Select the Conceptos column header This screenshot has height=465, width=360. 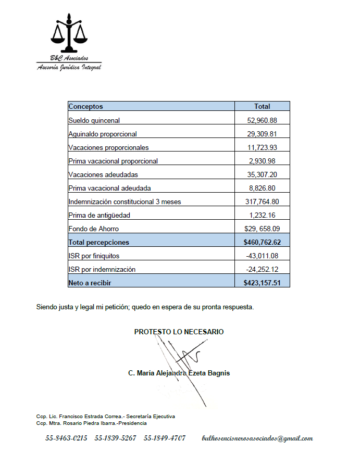tap(86, 107)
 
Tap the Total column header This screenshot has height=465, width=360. tap(262, 107)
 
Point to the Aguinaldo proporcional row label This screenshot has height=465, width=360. tap(103, 134)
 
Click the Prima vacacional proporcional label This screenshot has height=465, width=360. tap(113, 161)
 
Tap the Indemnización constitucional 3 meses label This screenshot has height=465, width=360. tap(125, 202)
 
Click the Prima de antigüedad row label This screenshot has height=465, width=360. tap(100, 215)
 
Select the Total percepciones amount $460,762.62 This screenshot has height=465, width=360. tap(262, 242)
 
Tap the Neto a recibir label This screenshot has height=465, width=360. tap(90, 283)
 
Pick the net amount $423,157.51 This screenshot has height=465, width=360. tap(262, 283)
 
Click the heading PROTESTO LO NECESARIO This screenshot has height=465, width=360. tap(179, 332)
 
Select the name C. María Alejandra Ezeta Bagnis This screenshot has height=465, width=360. tap(179, 373)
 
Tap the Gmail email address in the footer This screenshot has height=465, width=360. tap(257, 438)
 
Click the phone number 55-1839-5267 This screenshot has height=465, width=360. tap(115, 438)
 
